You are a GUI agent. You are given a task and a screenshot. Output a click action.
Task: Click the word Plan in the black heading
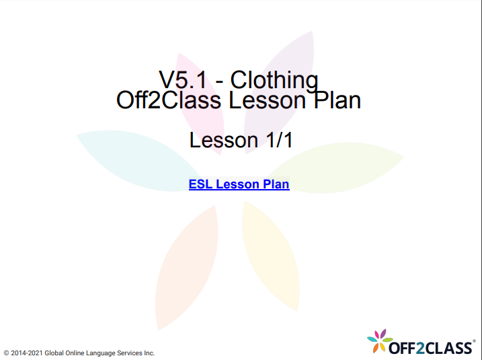[x=337, y=100]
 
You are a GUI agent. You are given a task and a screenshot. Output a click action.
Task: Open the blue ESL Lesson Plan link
[x=239, y=184]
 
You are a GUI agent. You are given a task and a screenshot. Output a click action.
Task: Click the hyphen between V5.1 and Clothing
[x=218, y=81]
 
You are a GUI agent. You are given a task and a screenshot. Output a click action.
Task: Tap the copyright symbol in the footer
[x=6, y=353]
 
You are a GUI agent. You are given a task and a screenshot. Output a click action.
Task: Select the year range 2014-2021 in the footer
[x=27, y=353]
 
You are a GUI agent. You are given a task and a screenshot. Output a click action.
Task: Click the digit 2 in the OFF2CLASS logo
[x=416, y=347]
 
